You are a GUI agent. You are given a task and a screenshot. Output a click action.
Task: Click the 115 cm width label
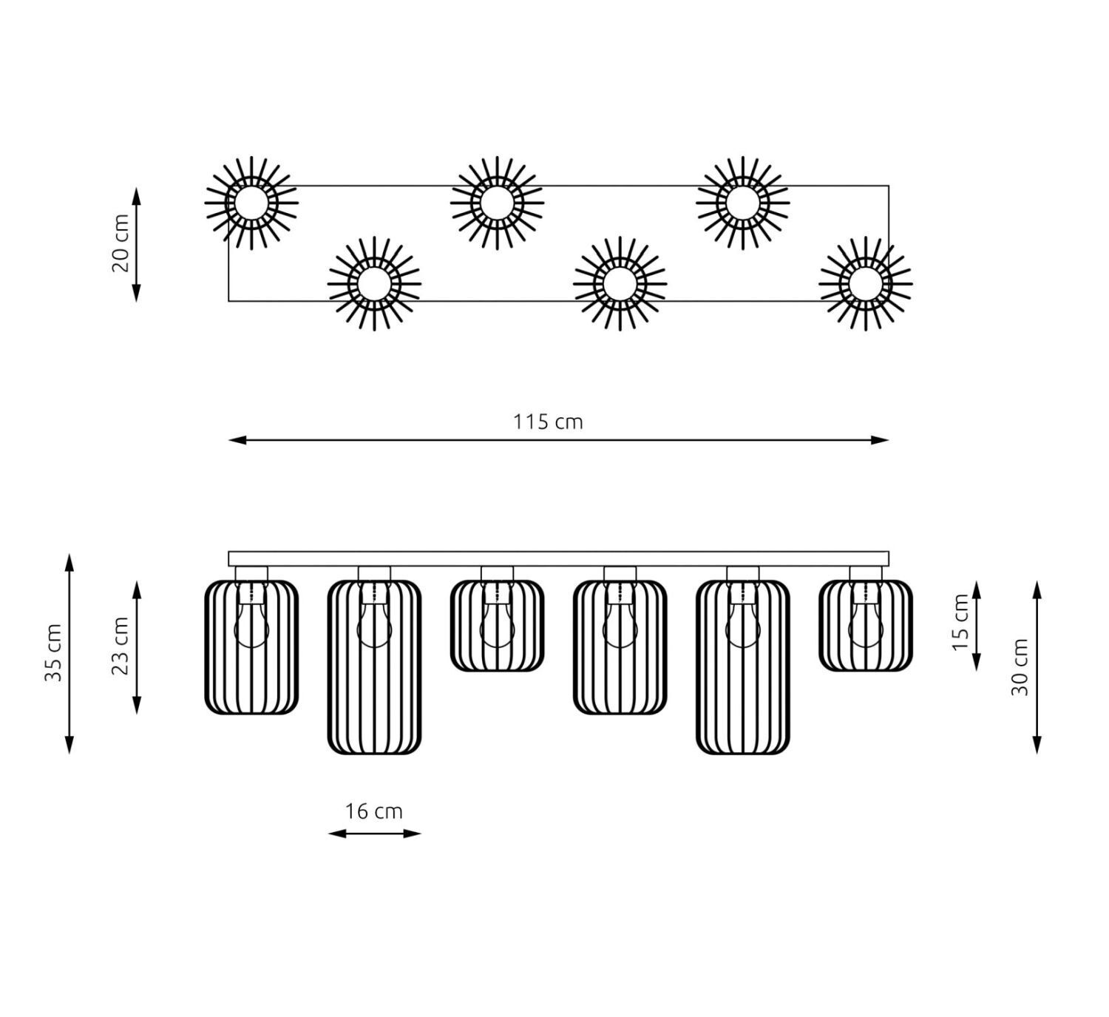pyautogui.click(x=548, y=422)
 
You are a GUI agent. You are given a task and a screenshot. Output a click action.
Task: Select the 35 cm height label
pyautogui.click(x=53, y=653)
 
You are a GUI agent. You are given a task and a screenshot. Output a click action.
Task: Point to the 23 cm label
pyautogui.click(x=120, y=646)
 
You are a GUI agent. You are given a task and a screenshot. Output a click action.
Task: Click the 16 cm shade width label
pyautogui.click(x=374, y=811)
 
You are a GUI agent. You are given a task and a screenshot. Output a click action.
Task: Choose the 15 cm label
pyautogui.click(x=960, y=623)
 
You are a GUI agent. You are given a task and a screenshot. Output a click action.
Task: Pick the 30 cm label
pyautogui.click(x=1020, y=666)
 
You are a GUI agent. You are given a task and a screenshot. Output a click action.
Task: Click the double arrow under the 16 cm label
pyautogui.click(x=374, y=834)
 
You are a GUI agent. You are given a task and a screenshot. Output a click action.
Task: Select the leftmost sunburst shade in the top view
pyautogui.click(x=251, y=203)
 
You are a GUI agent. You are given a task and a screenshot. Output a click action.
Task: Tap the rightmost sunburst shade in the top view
pyautogui.click(x=865, y=283)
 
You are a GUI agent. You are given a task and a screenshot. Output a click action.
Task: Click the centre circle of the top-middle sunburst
pyautogui.click(x=497, y=203)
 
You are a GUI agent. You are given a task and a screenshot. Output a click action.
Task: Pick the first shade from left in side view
pyautogui.click(x=251, y=647)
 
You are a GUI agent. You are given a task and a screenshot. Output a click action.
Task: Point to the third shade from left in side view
pyautogui.click(x=497, y=626)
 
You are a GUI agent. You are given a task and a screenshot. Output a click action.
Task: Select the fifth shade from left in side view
pyautogui.click(x=742, y=666)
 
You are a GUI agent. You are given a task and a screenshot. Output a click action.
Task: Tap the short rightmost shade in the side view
pyautogui.click(x=865, y=626)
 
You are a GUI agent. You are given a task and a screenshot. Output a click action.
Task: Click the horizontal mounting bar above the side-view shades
pyautogui.click(x=558, y=558)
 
